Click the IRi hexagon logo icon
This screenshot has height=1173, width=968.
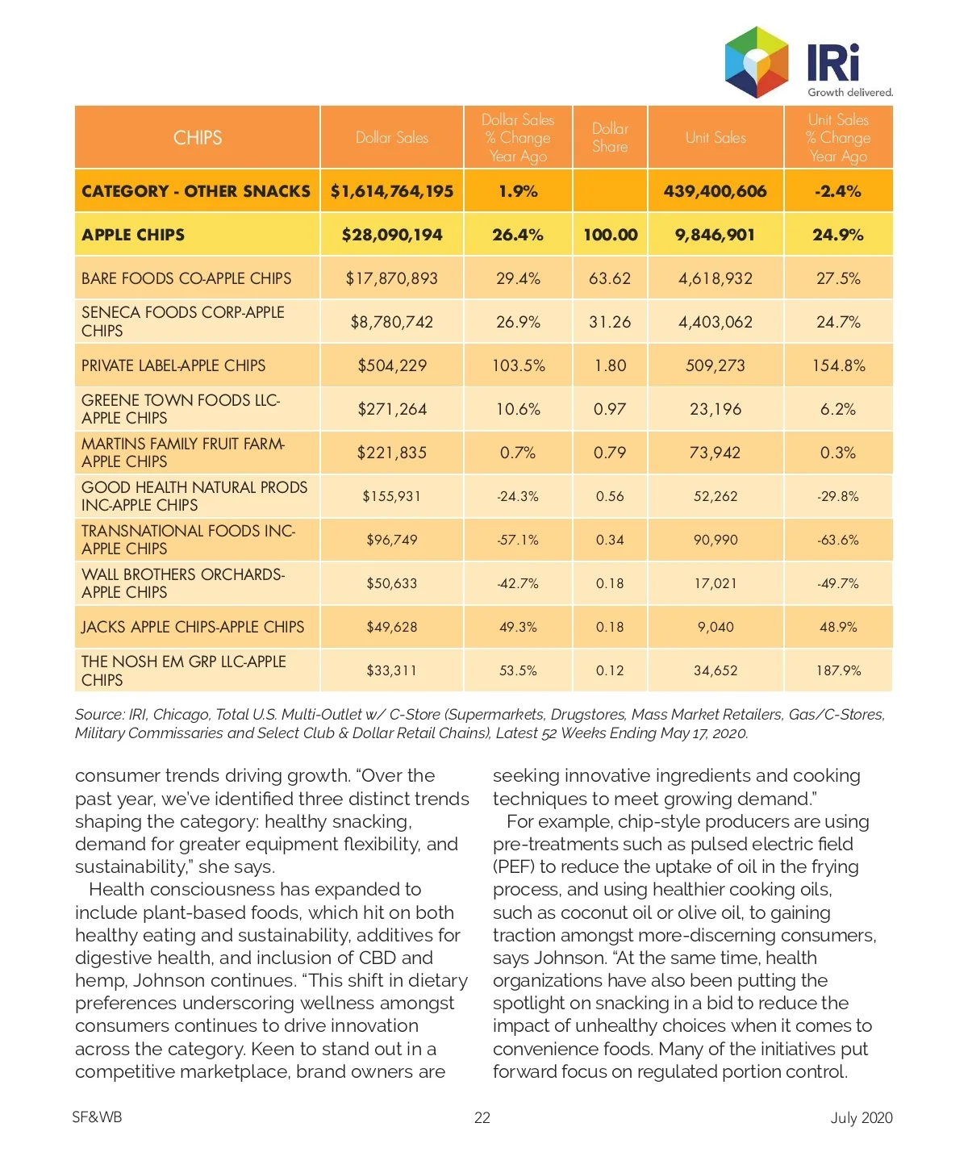point(756,61)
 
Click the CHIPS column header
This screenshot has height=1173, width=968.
point(198,138)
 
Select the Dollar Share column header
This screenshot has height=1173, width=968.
point(610,138)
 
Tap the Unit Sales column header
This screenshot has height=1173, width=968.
point(716,138)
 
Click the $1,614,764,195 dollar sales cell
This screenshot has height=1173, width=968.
point(392,191)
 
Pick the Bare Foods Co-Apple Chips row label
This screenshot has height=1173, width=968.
point(186,278)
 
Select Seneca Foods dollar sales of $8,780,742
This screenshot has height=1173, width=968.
point(392,322)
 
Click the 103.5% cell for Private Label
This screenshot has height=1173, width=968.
point(518,365)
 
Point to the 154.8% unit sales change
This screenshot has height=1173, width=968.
point(838,365)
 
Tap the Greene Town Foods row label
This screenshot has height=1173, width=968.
point(181,409)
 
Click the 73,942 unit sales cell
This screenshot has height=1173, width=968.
point(716,453)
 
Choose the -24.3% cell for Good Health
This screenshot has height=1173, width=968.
point(518,496)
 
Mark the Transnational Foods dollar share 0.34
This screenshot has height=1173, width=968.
point(610,540)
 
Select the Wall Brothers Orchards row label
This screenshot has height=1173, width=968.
point(183,583)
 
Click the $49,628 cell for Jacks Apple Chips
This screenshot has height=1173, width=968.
point(392,627)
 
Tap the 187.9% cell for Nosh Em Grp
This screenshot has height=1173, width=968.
point(838,670)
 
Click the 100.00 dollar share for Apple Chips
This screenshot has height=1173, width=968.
point(610,235)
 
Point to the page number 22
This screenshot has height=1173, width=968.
point(482,1117)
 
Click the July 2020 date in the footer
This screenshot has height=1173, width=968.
point(862,1117)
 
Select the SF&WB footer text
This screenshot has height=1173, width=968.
point(97,1117)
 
